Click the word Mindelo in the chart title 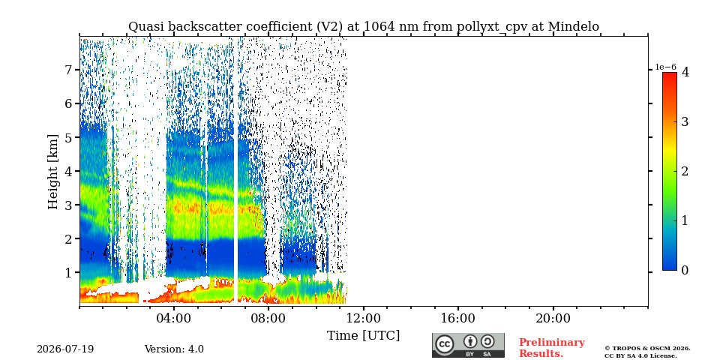point(574,27)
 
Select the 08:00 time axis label point(268,318)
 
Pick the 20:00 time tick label point(553,318)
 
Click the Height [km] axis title point(53,172)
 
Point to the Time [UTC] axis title point(363,336)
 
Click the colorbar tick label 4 point(685,72)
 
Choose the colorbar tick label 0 point(685,271)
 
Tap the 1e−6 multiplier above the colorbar point(665,67)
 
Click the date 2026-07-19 point(65,349)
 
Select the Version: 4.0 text point(174,349)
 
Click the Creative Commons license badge point(468,345)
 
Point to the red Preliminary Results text point(552,348)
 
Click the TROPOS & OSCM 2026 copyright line point(647,348)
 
